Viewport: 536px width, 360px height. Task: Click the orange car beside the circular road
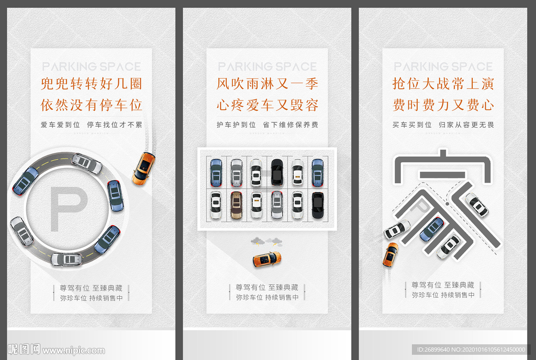[143, 168]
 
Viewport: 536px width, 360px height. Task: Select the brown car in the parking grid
[236, 205]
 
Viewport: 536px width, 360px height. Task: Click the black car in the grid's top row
[277, 172]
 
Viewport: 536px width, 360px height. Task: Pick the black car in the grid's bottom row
[317, 205]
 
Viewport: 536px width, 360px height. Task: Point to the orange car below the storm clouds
[266, 259]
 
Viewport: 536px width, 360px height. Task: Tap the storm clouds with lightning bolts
[265, 241]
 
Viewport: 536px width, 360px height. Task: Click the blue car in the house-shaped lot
[432, 229]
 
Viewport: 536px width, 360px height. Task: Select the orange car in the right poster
[390, 254]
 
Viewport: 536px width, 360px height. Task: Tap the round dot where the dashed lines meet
[448, 201]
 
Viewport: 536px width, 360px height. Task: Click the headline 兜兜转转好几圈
[92, 84]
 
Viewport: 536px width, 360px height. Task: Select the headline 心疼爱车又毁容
[267, 105]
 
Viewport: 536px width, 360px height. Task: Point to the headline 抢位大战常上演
[443, 84]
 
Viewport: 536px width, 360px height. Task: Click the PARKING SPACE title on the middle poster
[267, 66]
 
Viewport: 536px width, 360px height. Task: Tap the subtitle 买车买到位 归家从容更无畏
[443, 125]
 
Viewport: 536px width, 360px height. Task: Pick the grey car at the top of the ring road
[87, 163]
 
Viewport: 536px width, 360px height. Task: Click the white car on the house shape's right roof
[477, 205]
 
